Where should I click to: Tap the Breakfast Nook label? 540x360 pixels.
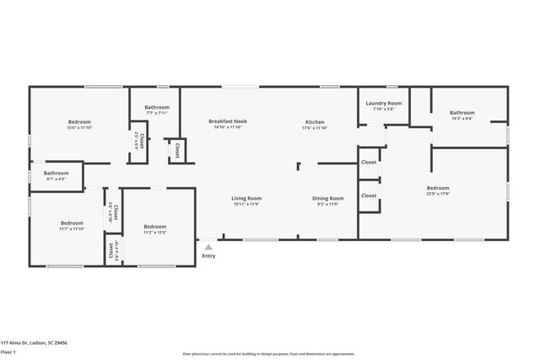228,121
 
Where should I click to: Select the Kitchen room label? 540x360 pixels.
315,121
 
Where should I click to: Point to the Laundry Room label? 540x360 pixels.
384,103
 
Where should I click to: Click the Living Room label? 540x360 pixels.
246,198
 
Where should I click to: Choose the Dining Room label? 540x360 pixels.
330,198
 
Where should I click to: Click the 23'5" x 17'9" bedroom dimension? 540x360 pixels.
438,194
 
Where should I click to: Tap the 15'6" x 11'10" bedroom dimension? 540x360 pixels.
80,128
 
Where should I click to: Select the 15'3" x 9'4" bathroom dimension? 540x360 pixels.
462,119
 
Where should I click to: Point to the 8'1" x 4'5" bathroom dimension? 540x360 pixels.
57,180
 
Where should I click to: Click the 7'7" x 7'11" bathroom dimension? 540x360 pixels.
157,113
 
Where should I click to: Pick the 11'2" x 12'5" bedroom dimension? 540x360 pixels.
155,232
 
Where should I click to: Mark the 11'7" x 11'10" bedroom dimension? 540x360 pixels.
72,228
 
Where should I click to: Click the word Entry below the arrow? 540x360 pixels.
208,256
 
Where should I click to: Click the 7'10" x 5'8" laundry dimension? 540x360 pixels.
384,109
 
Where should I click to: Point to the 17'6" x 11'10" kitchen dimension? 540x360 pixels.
315,128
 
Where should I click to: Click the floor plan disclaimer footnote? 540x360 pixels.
269,354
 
